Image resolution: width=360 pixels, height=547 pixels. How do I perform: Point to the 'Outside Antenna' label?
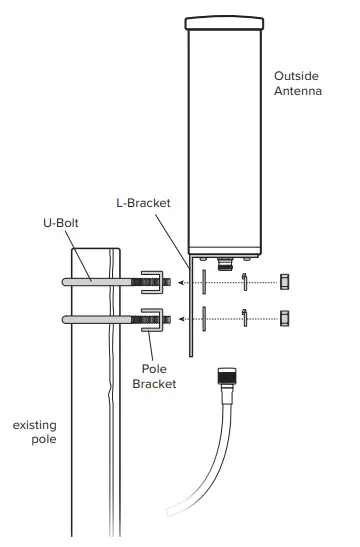(297, 83)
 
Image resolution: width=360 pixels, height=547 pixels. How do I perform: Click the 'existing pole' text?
(34, 432)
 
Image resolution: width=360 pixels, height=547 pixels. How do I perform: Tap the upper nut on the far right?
(285, 281)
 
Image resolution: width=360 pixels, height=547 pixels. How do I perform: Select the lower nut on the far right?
(285, 318)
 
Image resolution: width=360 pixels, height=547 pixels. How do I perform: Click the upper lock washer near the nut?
(243, 282)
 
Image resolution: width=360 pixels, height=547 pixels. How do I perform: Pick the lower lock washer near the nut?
(243, 318)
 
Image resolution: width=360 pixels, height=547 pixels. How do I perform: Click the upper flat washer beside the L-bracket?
(204, 282)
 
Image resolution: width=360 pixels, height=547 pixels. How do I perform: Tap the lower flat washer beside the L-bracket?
(204, 319)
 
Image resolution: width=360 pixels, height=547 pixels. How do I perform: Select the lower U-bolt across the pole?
(100, 319)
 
